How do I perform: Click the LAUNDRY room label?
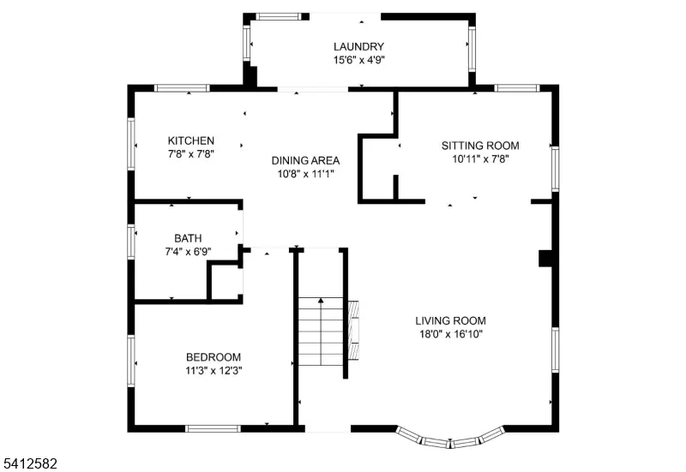tap(358, 46)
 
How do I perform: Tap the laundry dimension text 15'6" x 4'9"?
tap(358, 61)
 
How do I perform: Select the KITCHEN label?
tap(191, 140)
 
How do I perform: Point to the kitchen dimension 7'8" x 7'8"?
tap(191, 154)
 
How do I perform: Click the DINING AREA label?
tap(306, 160)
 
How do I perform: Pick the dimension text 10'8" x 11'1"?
tap(306, 173)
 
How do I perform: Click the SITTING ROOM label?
tap(480, 146)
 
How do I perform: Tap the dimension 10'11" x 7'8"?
tap(480, 158)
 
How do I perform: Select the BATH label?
tap(188, 238)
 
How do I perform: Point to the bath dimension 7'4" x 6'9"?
tap(188, 252)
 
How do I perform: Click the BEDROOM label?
tap(214, 357)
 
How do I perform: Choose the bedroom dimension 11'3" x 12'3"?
tap(214, 371)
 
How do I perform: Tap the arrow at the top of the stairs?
tap(321, 301)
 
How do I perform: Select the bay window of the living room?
tap(451, 440)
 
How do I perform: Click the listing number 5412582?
tap(30, 463)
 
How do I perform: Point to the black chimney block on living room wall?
tap(545, 259)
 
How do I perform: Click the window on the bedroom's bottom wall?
tap(213, 427)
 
